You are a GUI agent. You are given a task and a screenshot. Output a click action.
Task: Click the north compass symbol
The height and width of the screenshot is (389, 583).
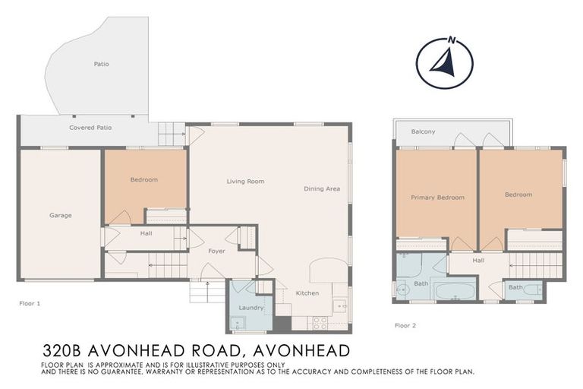pos(445,63)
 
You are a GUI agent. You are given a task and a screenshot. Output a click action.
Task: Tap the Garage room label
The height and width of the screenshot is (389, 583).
pos(61,215)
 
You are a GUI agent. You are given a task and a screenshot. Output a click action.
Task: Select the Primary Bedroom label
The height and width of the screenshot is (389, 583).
pos(437,198)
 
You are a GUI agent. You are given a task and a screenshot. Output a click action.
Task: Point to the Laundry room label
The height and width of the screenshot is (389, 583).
pos(251,308)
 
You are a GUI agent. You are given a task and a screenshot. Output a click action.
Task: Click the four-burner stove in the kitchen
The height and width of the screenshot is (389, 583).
pos(320,322)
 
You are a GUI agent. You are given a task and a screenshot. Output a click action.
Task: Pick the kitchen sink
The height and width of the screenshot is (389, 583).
pos(339,306)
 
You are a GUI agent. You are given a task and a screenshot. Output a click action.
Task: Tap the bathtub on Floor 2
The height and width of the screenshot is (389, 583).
pos(454,290)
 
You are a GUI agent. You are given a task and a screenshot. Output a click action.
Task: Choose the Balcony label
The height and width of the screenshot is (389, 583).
pos(423,131)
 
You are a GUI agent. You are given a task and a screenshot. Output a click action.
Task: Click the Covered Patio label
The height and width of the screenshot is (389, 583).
pos(90,128)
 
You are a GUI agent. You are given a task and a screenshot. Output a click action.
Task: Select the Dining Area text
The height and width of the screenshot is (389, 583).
pos(322,188)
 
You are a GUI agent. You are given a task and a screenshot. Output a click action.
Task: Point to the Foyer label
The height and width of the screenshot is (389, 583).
pos(217,250)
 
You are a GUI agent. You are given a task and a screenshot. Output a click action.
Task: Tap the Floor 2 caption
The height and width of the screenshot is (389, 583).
pos(405,325)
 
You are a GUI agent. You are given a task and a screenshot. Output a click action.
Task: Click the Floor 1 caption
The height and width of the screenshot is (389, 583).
pos(30,302)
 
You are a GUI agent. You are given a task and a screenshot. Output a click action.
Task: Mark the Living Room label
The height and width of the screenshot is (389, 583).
pos(245,181)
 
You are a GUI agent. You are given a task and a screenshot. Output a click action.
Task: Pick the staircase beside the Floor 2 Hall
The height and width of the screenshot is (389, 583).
pos(536,266)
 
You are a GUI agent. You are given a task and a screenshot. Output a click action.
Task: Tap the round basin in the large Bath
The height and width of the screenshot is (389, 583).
pos(402,289)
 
